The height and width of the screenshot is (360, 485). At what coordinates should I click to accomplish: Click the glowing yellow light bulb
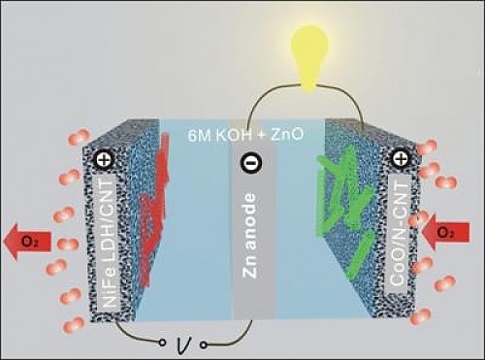tap(309, 56)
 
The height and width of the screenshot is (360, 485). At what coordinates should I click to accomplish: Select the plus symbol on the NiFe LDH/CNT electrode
tap(105, 160)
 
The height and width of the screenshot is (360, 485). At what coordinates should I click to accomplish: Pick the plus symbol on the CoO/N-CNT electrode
tap(400, 159)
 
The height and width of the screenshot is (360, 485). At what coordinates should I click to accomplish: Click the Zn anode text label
tap(250, 236)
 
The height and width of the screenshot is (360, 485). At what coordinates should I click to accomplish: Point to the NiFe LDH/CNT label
tap(108, 244)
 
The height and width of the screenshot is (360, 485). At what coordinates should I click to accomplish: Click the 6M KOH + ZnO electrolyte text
tap(245, 135)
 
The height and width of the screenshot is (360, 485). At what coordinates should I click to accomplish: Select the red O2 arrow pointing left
tap(27, 242)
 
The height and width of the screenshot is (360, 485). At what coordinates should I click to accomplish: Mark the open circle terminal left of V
tap(163, 342)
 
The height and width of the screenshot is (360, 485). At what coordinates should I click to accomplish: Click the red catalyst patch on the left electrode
tap(153, 211)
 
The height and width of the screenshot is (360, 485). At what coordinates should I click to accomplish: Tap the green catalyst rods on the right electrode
tap(345, 207)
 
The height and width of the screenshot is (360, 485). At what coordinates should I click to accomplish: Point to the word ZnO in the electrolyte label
tap(287, 135)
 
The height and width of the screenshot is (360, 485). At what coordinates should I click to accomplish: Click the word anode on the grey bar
tap(250, 222)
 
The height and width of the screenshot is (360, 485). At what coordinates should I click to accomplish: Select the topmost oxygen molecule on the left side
tap(79, 136)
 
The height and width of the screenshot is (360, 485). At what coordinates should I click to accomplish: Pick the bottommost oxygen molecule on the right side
tap(421, 316)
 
